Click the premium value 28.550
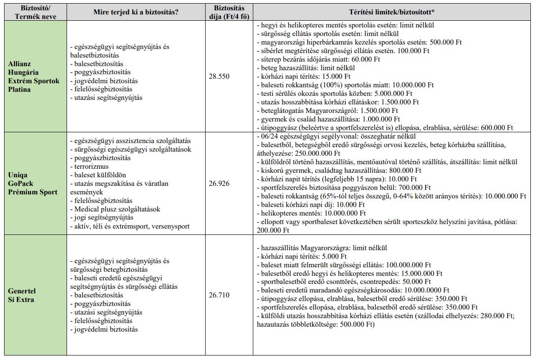click(219, 76)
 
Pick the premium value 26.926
click(219, 184)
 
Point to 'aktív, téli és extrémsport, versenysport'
click(130, 226)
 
